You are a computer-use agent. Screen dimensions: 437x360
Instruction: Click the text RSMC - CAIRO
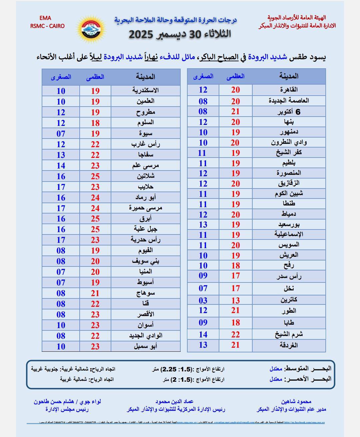click(x=47, y=26)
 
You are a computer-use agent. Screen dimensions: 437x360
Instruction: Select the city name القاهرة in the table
click(x=289, y=90)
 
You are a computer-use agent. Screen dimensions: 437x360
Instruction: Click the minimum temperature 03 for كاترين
click(x=203, y=300)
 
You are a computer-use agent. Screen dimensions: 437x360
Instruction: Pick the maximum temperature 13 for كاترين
click(x=235, y=300)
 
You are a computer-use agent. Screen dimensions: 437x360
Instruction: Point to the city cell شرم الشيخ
click(x=289, y=334)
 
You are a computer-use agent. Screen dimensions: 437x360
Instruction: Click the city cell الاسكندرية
click(x=145, y=91)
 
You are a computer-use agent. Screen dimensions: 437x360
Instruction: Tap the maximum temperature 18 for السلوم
click(x=95, y=123)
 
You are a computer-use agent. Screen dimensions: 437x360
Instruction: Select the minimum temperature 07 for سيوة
click(x=61, y=134)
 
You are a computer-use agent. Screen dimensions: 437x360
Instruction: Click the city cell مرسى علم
click(x=145, y=166)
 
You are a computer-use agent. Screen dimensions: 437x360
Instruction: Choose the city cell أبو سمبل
click(x=145, y=346)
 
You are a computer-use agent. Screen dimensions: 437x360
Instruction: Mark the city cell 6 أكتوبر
click(x=289, y=112)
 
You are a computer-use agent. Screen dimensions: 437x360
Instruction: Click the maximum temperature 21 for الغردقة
click(x=235, y=345)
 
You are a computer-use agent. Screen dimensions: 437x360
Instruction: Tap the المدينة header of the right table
click(x=289, y=76)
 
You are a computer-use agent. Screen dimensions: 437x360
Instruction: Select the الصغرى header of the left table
click(x=61, y=77)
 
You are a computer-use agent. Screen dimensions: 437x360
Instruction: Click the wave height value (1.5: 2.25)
click(x=177, y=369)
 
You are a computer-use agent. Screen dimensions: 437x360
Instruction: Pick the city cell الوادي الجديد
click(x=145, y=335)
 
